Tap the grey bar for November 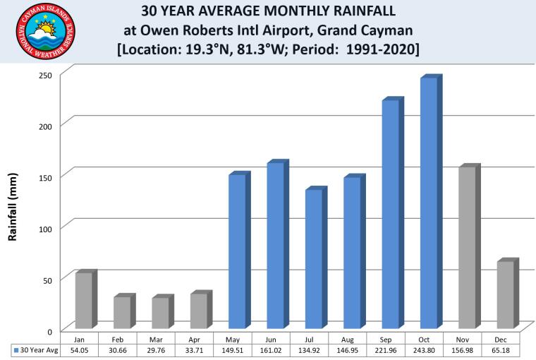[x=466, y=247]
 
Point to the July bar [x=313, y=258]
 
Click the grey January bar [x=84, y=299]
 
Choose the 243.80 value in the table [x=430, y=350]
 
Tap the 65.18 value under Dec [x=506, y=350]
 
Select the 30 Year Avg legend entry [x=32, y=350]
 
